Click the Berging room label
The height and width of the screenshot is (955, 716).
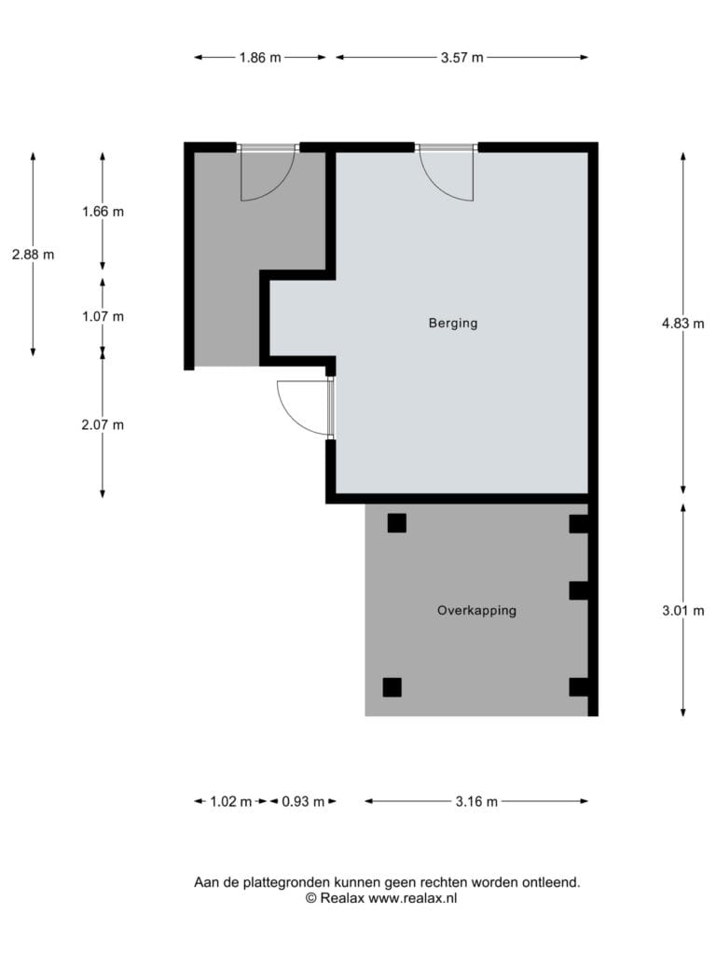453,323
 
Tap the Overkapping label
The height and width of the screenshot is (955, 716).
476,610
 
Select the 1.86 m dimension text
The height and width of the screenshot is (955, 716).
260,57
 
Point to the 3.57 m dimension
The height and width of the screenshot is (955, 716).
462,57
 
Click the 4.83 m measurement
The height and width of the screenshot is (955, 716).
683,324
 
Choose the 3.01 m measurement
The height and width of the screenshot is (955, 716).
683,610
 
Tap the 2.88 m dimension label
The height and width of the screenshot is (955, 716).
33,255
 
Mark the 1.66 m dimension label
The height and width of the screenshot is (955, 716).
103,212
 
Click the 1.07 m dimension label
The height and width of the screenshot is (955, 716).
103,316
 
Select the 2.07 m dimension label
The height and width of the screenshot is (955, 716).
103,424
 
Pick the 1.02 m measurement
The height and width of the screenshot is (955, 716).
231,801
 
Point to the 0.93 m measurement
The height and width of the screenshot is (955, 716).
303,801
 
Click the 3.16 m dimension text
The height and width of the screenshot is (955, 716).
476,801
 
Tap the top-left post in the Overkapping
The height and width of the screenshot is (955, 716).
397,523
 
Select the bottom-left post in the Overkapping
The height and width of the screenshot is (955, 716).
392,687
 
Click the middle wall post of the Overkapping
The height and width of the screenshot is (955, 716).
579,590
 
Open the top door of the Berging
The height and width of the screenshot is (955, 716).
447,173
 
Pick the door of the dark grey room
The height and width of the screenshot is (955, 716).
268,173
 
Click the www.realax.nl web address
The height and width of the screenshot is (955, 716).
413,898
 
